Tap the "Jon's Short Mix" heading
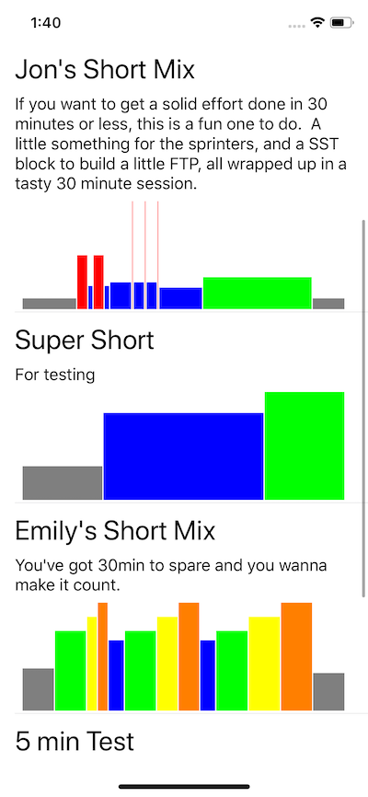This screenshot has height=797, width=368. point(105,70)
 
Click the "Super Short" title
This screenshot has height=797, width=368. point(85,340)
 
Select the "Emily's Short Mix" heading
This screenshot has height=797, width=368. point(115,531)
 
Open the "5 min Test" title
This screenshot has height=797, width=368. point(75,742)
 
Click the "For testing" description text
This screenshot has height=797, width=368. point(55,375)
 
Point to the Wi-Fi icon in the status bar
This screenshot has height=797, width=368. point(318,22)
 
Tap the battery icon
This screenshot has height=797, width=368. point(341,22)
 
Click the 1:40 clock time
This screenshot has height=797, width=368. point(46,23)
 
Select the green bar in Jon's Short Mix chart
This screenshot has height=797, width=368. point(258,293)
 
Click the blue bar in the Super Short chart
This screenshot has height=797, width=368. point(183,456)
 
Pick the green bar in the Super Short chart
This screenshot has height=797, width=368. point(305,445)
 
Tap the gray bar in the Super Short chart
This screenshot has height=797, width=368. point(63,483)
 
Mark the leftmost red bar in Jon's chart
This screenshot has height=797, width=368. point(82,283)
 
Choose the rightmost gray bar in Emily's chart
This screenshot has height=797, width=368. point(328,692)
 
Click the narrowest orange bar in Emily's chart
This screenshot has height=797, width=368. point(103,656)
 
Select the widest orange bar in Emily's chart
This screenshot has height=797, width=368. point(296,656)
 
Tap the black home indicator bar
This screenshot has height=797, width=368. point(184,787)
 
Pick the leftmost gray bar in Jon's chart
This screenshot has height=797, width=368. point(50,304)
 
